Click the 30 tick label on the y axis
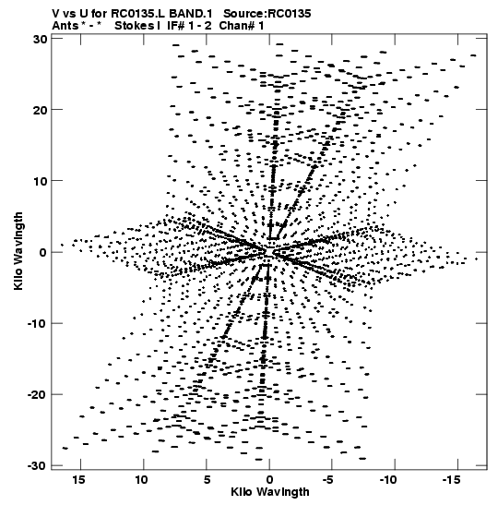[x=40, y=39]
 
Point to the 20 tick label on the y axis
[x=40, y=110]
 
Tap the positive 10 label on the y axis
[x=40, y=181]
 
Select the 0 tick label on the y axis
[x=43, y=253]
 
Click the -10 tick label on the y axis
[x=37, y=324]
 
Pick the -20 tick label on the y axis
[x=37, y=395]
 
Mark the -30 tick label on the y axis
[x=37, y=466]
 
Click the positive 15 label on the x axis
[x=78, y=479]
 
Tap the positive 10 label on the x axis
[x=141, y=479]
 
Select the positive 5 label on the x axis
[x=207, y=479]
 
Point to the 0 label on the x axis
[x=269, y=479]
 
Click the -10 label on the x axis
[x=389, y=479]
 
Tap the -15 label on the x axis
[x=453, y=479]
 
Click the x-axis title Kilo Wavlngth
[x=270, y=492]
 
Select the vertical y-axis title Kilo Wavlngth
[x=18, y=251]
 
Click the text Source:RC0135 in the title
[x=267, y=13]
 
